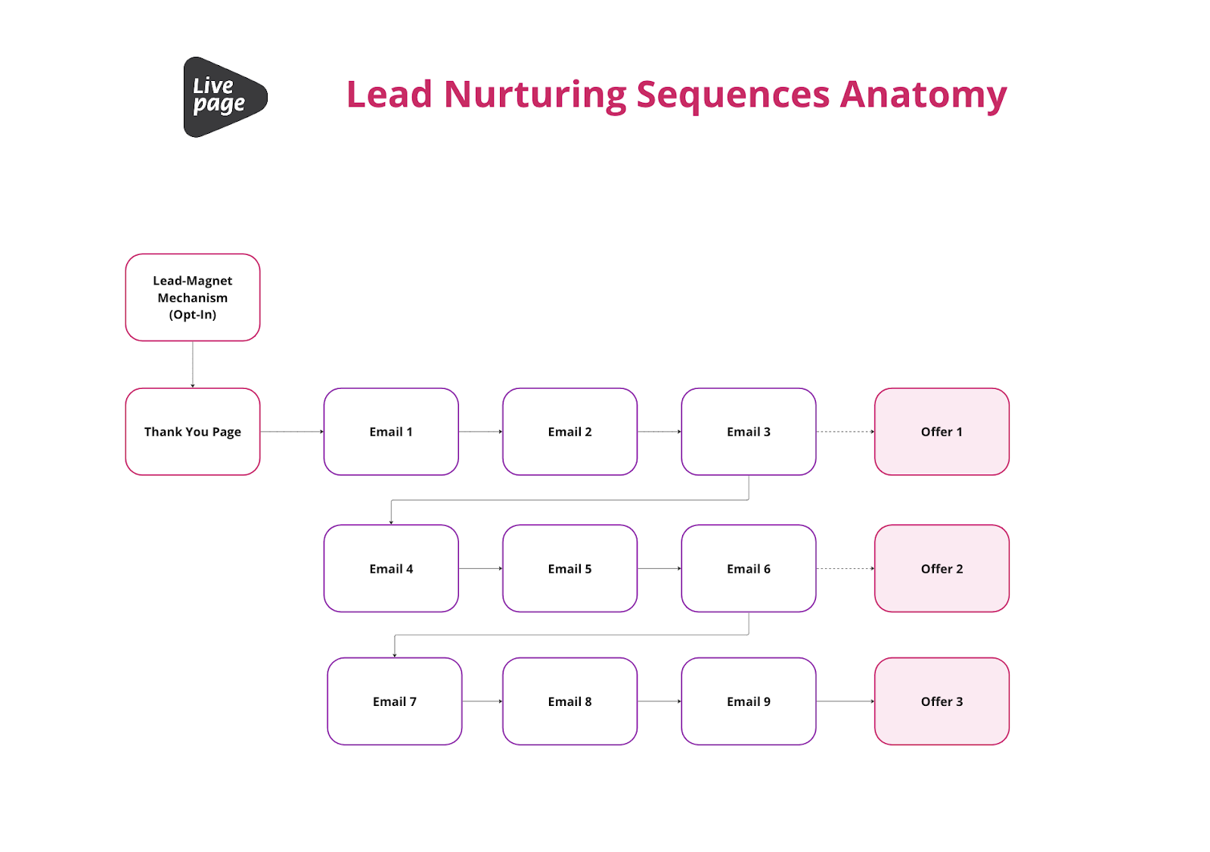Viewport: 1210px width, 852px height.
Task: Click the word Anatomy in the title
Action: point(923,95)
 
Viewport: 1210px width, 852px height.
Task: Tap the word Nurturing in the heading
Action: point(535,95)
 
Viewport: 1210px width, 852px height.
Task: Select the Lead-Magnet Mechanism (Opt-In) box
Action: point(193,297)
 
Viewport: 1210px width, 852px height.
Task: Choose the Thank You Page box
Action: point(193,432)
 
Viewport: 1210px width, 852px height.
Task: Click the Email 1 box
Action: point(391,432)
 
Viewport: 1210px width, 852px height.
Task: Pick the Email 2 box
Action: point(569,432)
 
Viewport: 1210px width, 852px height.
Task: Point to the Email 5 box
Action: point(569,569)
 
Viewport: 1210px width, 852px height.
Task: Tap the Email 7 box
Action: point(394,701)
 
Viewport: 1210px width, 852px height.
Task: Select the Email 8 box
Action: point(569,701)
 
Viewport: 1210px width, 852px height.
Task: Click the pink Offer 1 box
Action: point(942,432)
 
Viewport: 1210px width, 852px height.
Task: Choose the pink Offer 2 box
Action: point(942,569)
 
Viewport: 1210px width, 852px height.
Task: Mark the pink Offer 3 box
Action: point(942,701)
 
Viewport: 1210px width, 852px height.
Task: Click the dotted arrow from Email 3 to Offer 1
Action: point(845,432)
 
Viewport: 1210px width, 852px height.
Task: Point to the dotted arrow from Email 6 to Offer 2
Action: point(845,569)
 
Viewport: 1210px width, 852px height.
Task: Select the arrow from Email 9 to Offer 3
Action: point(845,701)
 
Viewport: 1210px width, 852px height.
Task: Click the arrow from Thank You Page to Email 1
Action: point(292,432)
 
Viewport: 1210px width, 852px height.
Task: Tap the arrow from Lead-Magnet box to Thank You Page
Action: point(193,364)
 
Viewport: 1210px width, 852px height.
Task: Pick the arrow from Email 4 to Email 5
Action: point(480,569)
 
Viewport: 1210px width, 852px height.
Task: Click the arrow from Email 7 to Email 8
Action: point(482,701)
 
